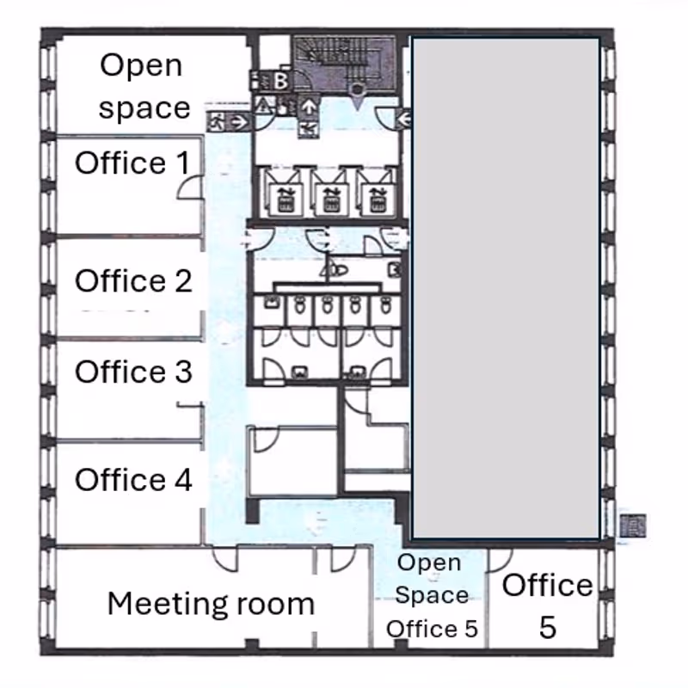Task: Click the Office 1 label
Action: tap(132, 163)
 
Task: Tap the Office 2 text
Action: tap(133, 281)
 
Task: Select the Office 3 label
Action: tap(133, 372)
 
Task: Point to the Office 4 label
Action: tap(133, 479)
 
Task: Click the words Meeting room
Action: tap(211, 604)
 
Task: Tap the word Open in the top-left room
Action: tap(141, 67)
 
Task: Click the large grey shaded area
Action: tap(507, 288)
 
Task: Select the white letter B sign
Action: tap(281, 81)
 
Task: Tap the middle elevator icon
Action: tap(329, 200)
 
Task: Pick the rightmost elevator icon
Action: tap(376, 200)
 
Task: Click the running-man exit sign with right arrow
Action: tap(229, 121)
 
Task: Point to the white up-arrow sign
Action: tap(310, 107)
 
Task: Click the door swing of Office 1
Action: tap(190, 187)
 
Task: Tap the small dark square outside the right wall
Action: tap(633, 525)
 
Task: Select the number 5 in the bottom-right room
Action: tap(548, 628)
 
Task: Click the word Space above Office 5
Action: tap(432, 595)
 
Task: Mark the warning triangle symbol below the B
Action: tap(263, 105)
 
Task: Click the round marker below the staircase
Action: tap(357, 90)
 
